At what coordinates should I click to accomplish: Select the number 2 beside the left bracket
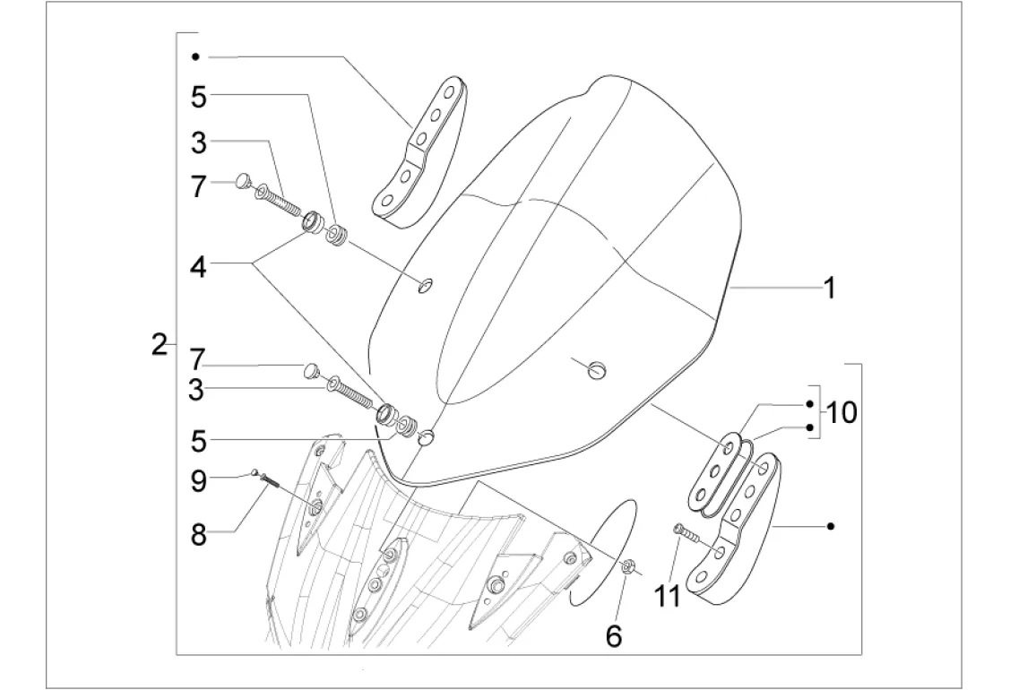click(x=160, y=344)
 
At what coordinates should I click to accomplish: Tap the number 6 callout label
click(x=613, y=634)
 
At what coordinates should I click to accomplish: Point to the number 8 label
click(x=198, y=535)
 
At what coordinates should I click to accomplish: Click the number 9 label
click(x=198, y=481)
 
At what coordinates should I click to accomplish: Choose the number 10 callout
click(x=842, y=413)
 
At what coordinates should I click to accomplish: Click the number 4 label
click(x=198, y=266)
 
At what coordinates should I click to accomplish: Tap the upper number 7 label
click(x=198, y=187)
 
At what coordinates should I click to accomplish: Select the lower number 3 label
click(x=198, y=390)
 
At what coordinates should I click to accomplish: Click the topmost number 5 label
click(x=198, y=97)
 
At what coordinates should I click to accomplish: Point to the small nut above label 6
click(x=629, y=565)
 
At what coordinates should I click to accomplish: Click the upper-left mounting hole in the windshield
click(x=427, y=286)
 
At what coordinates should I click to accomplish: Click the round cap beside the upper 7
click(x=242, y=181)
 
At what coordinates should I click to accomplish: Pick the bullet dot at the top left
click(x=195, y=56)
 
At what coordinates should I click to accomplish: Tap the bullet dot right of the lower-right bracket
click(x=832, y=526)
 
